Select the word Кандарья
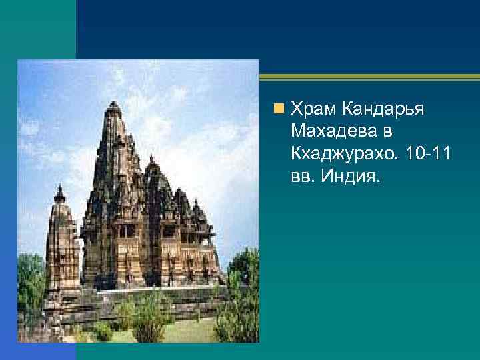click(x=386, y=108)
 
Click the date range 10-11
click(x=429, y=155)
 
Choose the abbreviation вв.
click(x=303, y=178)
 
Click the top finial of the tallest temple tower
click(x=114, y=105)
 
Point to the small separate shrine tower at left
click(x=61, y=247)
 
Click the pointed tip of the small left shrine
click(x=60, y=188)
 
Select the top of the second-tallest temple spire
click(x=152, y=159)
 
